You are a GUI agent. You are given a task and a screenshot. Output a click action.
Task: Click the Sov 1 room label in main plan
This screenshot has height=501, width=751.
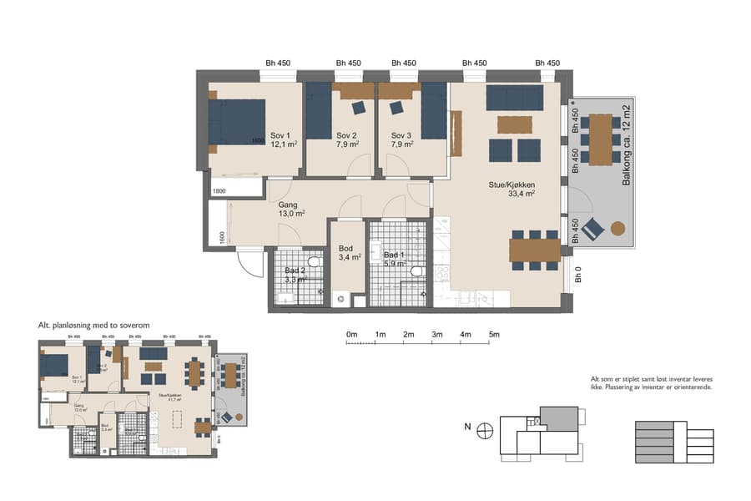tap(280, 140)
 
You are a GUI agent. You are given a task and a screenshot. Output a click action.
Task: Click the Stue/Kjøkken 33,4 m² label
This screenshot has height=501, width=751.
tap(512, 190)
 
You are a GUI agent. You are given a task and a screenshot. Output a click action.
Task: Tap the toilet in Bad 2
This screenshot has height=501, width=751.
tap(315, 261)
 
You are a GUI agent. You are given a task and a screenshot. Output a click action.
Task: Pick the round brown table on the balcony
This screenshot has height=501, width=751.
tap(618, 228)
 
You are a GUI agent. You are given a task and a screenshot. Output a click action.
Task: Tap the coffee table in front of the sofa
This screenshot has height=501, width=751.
tap(515, 124)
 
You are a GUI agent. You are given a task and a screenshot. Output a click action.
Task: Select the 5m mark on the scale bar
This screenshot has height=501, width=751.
tap(494, 335)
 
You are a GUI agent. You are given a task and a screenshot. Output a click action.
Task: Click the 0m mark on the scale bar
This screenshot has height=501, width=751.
tap(351, 335)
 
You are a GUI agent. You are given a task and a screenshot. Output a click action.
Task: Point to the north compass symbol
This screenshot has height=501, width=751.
tap(486, 430)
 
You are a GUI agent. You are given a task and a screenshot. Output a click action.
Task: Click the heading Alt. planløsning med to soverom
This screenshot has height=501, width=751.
tap(93, 325)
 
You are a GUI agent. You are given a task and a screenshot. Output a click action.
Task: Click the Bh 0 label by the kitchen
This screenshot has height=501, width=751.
tap(577, 275)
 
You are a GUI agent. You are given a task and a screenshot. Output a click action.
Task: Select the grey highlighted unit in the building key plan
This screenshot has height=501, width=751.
tap(558, 418)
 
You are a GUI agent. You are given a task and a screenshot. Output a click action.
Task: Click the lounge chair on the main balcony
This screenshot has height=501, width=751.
tap(593, 228)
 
